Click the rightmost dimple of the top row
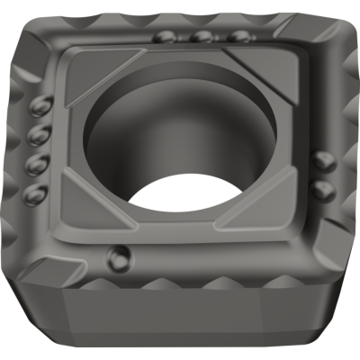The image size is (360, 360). [237, 37]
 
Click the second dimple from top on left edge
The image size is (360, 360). [39, 137]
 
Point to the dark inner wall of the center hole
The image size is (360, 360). [126, 126]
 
